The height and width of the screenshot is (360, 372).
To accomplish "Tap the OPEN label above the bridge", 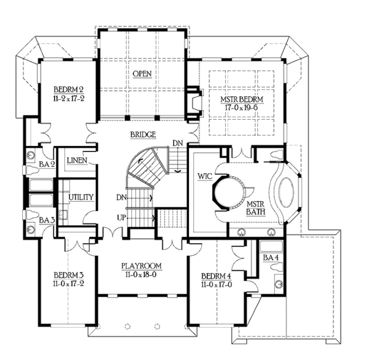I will click(142, 74).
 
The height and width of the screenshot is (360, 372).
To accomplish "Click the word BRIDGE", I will click(142, 134).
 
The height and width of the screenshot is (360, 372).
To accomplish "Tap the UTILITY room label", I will click(81, 197).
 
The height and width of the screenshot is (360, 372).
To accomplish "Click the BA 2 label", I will click(45, 164).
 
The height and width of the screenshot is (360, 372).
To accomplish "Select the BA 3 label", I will click(45, 220).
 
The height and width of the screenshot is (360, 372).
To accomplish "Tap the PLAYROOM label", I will click(141, 266).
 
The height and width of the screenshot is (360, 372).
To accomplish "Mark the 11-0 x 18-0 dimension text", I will click(141, 275).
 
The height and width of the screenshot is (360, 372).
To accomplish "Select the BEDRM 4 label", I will click(216, 276).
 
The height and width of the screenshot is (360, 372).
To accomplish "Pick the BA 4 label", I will click(271, 256).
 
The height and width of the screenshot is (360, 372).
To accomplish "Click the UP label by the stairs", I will click(122, 217).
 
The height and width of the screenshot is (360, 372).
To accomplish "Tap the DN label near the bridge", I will click(178, 143).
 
